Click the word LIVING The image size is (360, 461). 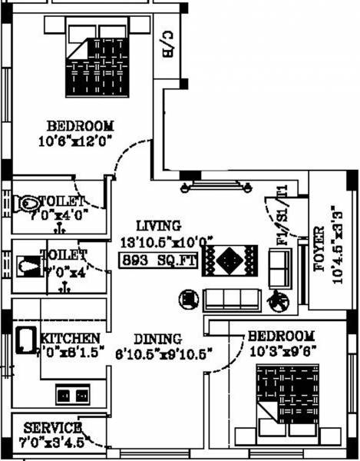tap(158, 226)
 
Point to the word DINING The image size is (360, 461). tap(157, 339)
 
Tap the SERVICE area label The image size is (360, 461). tap(52, 427)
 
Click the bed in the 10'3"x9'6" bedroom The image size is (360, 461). tap(286, 400)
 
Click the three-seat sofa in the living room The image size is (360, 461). tap(230, 299)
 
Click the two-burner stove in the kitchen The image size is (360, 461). tap(72, 395)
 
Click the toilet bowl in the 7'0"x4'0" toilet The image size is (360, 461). tap(29, 203)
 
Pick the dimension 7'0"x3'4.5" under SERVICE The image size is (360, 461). tap(52, 442)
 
